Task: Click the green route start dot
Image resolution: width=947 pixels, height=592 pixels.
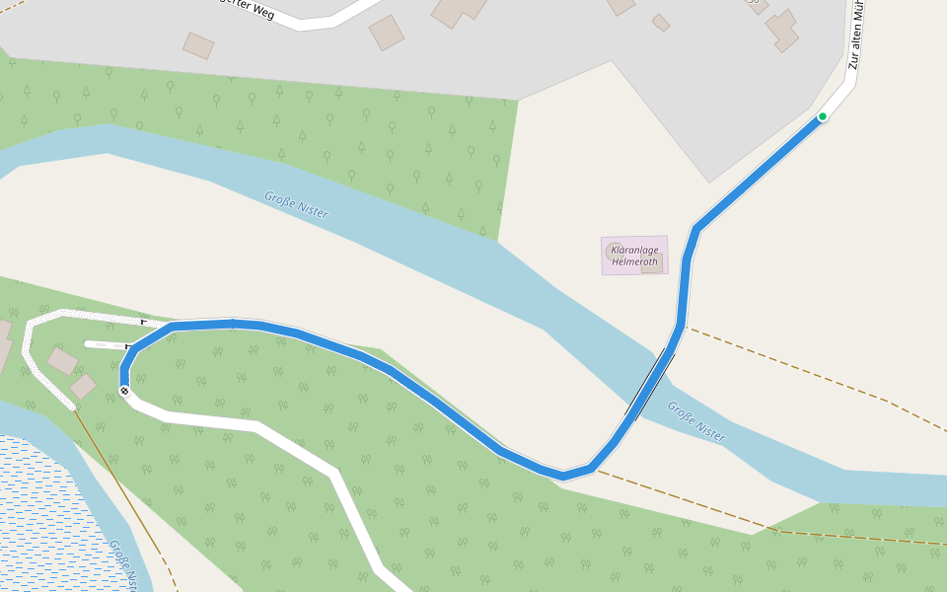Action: tap(822, 116)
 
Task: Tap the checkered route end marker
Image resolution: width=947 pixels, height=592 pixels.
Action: tap(124, 392)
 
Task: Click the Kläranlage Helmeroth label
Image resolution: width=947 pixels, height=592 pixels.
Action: tap(634, 256)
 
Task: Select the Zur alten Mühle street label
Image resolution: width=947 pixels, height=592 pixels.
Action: tap(858, 35)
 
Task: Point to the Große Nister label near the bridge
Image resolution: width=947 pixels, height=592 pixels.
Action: tap(695, 420)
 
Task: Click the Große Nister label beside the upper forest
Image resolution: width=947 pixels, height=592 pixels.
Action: tap(296, 204)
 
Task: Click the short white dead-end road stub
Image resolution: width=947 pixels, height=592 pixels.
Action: tap(105, 345)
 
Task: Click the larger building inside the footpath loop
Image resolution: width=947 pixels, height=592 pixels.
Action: tap(63, 361)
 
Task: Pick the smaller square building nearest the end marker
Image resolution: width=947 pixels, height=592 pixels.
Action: tap(84, 386)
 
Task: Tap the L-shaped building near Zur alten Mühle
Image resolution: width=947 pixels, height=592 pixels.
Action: tap(782, 30)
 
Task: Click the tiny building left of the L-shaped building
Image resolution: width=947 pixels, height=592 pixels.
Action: tap(661, 22)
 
